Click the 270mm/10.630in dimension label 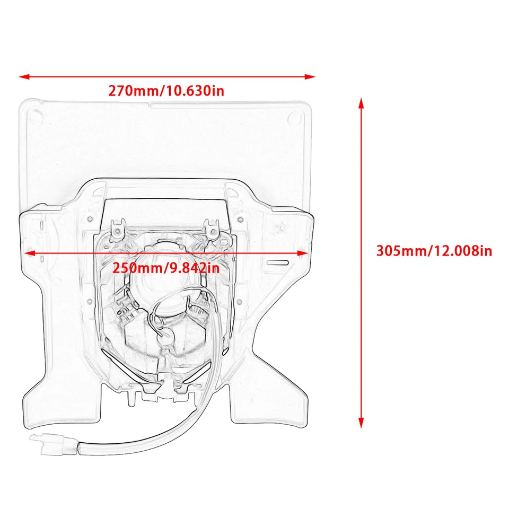(x=166, y=91)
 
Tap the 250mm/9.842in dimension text (x=166, y=268)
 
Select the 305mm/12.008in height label (x=434, y=250)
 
